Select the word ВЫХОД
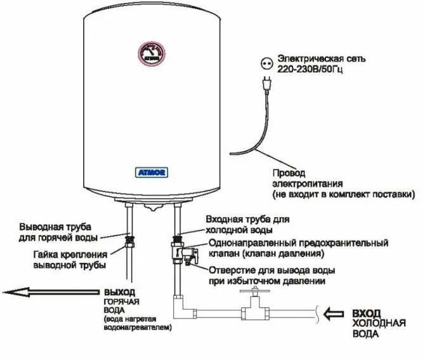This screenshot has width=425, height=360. pos(118,292)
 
